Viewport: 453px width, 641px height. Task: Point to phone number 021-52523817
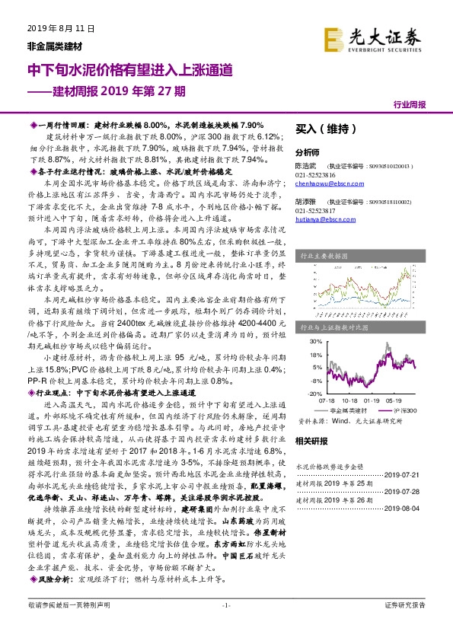[316, 210]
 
